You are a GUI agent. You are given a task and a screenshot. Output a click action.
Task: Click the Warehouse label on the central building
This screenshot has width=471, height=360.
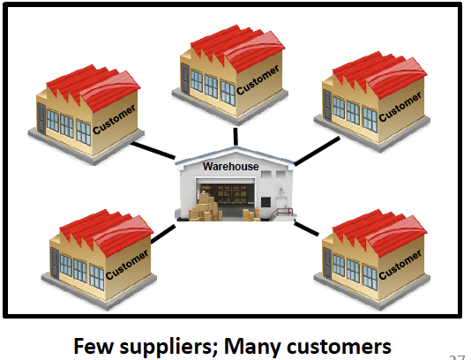point(231,166)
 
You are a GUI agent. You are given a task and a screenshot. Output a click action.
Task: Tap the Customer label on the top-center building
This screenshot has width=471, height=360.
point(258,80)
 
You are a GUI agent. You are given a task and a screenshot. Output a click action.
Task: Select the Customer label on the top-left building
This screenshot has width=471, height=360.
point(114,120)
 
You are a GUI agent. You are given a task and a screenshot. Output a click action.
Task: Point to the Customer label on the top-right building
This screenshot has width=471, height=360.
point(400,107)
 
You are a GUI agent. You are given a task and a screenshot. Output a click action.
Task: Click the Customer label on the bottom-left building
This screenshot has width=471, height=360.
point(127,265)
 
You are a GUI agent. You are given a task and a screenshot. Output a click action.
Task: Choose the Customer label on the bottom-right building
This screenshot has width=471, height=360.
point(400,265)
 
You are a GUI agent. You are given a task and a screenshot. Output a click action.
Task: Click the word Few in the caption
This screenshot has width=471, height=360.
point(93,346)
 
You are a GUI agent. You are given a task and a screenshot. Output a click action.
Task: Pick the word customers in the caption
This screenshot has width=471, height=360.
point(339,347)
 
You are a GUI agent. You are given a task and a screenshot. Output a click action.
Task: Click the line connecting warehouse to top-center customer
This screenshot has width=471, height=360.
point(235,137)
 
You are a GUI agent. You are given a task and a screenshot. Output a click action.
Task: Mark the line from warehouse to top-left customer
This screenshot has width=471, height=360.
point(153,150)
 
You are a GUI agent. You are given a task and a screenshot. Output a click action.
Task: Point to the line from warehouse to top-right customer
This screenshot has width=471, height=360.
point(317,151)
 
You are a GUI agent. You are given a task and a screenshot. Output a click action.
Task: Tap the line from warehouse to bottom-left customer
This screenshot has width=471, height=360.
point(163,234)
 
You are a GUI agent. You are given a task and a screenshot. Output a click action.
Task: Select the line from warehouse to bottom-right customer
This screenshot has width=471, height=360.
point(306,229)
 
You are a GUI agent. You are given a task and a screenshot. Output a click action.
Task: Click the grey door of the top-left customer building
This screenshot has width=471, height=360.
point(41,119)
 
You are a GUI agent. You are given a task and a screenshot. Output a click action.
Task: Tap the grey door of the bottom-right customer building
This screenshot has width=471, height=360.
point(327,264)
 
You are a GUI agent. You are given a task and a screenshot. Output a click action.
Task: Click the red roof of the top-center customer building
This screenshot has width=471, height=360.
point(238,47)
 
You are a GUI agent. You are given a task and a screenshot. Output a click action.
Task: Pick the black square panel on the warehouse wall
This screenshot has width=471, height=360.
point(265,202)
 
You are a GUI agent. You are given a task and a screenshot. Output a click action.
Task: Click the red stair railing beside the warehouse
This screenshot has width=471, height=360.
point(281,214)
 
